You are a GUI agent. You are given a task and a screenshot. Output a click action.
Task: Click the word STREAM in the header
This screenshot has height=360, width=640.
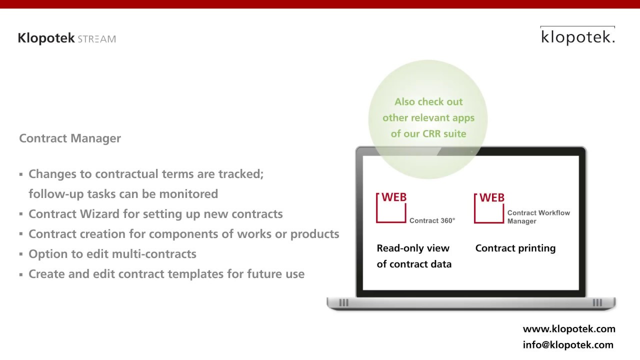tap(96, 39)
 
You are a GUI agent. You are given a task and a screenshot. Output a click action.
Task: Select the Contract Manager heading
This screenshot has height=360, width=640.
tap(70, 138)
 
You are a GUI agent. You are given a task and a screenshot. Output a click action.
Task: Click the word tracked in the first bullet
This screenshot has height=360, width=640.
tap(240, 174)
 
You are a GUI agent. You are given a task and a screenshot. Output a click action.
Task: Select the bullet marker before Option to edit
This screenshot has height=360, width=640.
tap(21, 254)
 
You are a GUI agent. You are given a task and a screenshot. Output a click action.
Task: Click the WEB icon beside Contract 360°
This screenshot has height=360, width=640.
tap(391, 207)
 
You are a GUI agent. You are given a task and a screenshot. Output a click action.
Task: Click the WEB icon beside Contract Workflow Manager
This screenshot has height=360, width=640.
tap(489, 207)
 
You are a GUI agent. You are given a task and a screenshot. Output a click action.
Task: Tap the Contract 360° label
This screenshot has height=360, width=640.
tap(432, 220)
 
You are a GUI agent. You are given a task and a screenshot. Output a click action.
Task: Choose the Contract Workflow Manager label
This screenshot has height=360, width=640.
tap(538, 217)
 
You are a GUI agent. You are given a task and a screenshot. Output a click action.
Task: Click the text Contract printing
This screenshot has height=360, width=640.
tap(515, 248)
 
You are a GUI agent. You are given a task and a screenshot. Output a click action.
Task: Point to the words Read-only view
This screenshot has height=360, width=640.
tap(413, 248)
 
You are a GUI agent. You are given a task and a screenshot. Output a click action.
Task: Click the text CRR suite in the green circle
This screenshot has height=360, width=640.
tap(444, 133)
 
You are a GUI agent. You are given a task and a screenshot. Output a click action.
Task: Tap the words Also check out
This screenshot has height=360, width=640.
tap(428, 102)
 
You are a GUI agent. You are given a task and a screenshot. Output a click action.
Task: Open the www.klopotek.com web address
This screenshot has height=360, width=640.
tap(568, 329)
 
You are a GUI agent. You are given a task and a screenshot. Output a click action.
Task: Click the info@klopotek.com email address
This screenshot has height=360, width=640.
tap(567, 345)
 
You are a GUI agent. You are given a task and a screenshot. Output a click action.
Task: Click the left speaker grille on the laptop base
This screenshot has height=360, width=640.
tap(343, 302)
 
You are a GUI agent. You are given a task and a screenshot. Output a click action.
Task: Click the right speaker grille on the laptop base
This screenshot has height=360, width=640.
tap(597, 302)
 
